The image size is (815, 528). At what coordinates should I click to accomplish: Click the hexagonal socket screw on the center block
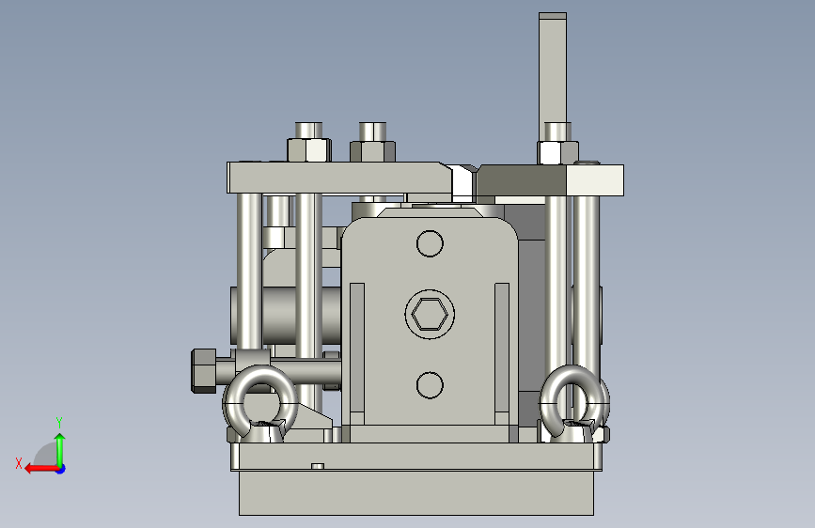430,315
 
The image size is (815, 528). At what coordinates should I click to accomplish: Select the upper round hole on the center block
430,243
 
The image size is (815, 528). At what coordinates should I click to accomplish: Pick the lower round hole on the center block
430,385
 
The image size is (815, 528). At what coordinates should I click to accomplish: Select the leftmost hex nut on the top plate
309,149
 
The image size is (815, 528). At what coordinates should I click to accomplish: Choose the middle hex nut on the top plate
372,150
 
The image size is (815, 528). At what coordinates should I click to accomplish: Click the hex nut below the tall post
557,153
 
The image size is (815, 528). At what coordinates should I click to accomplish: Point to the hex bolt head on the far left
204,370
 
